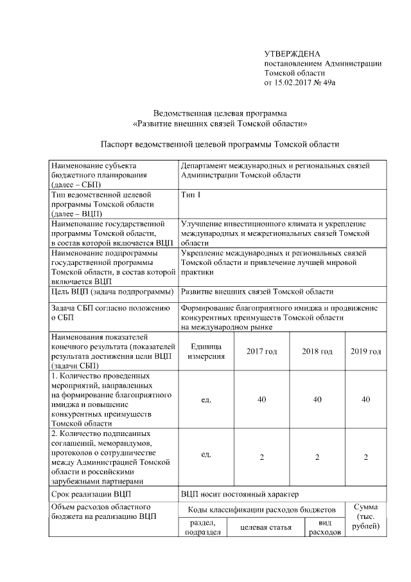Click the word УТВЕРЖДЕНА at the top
[x=292, y=53]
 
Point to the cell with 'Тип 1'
[x=191, y=194]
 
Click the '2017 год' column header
[x=261, y=351]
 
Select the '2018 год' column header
[x=317, y=351]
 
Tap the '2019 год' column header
[x=365, y=351]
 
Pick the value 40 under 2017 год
[x=261, y=399]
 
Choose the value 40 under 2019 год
[x=365, y=399]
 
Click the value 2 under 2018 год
[x=317, y=457]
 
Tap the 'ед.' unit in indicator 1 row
[x=206, y=399]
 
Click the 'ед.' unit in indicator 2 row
[x=206, y=455]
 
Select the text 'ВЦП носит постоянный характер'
[x=240, y=494]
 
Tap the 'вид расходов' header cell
[x=324, y=527]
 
